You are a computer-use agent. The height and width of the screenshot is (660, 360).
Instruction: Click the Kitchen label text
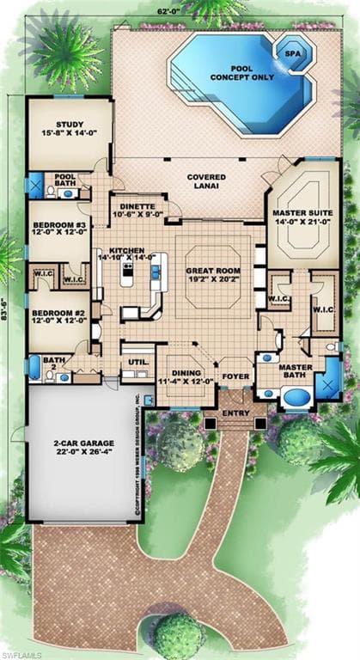pyautogui.click(x=125, y=251)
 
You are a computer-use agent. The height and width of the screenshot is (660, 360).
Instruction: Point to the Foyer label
pyautogui.click(x=235, y=376)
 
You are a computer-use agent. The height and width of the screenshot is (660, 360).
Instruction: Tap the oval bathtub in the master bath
pyautogui.click(x=295, y=398)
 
